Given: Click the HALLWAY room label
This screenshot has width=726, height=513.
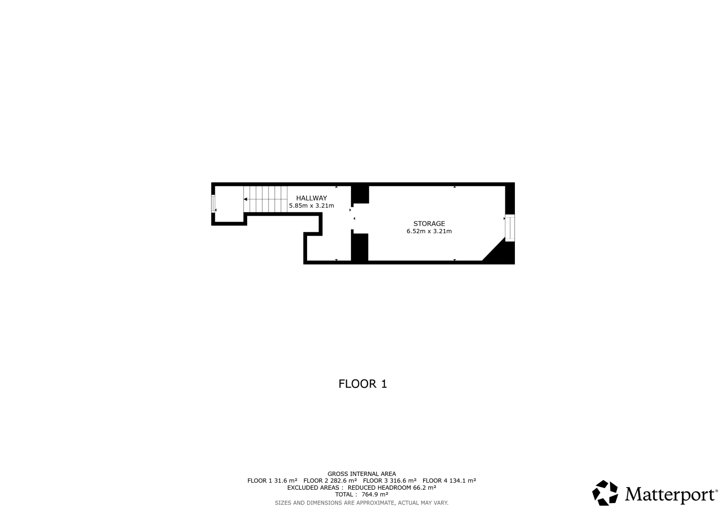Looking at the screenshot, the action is (x=311, y=198).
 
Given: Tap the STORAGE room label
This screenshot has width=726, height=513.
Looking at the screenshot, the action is (x=429, y=223).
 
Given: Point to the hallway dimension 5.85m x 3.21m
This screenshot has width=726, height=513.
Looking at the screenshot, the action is (x=311, y=206).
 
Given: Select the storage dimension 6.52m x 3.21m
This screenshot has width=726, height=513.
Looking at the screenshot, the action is (x=429, y=231).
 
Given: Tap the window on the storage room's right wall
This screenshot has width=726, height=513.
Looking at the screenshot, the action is (x=510, y=228).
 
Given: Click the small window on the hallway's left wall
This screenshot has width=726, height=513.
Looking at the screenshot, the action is (x=213, y=204).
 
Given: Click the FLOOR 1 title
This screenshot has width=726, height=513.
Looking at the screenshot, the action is (x=363, y=384).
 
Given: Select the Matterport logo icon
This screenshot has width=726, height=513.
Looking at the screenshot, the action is (x=605, y=493).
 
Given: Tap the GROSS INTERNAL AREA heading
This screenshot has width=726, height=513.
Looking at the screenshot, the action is (x=362, y=474).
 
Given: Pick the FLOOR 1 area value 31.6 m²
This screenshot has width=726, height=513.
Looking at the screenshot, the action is (x=286, y=481).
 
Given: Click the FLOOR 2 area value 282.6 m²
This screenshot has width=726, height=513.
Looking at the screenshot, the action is (x=344, y=481).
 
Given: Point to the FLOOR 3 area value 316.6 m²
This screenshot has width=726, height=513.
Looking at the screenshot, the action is (x=403, y=481).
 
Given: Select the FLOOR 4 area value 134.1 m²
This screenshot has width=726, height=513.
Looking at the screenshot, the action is (x=463, y=481).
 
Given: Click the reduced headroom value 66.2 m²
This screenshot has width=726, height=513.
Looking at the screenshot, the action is (x=424, y=487).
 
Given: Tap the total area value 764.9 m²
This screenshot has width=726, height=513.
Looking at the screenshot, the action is (x=375, y=494).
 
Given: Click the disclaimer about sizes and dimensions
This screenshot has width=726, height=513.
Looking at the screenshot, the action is (x=362, y=503).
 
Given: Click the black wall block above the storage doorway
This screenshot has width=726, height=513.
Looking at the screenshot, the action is (x=360, y=194).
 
